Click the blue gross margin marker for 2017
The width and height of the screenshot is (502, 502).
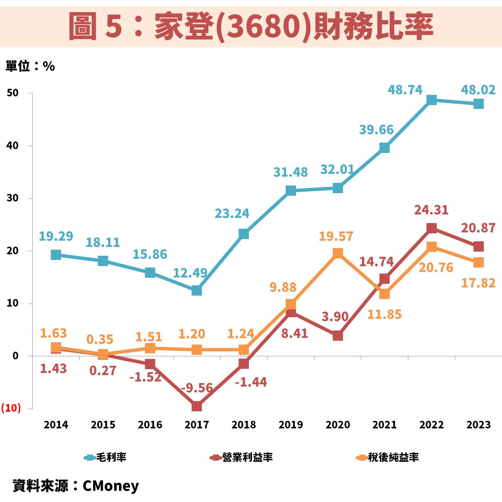click(197, 291)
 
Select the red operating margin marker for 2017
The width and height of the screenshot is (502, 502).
click(197, 406)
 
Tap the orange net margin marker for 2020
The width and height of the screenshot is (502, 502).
click(338, 253)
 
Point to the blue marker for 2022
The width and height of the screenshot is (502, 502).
click(431, 100)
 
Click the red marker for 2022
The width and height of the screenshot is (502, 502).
click(431, 228)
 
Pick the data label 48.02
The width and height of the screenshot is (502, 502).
click(478, 90)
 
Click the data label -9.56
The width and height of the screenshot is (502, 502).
click(197, 388)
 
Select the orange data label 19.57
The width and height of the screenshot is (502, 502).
click(336, 236)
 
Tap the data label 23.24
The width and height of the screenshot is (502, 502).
click(232, 214)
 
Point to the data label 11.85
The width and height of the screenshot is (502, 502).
click(384, 315)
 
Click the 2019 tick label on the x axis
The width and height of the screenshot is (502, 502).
click(291, 425)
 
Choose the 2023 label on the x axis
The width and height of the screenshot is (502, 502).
click(478, 425)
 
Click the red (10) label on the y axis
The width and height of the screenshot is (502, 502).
click(11, 408)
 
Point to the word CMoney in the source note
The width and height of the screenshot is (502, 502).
click(110, 486)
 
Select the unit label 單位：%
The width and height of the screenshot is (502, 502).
click(30, 66)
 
